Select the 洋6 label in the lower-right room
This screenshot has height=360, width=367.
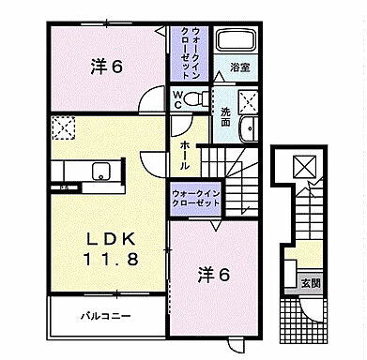pos(214,275)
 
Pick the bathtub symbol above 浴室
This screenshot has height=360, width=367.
pos(236,42)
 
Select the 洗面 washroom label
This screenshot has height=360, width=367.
pos(225,114)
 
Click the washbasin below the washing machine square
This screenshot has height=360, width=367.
pos(247,131)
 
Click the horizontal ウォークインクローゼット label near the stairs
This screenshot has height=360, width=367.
pos(196,198)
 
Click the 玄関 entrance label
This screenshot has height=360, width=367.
pos(308,282)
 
